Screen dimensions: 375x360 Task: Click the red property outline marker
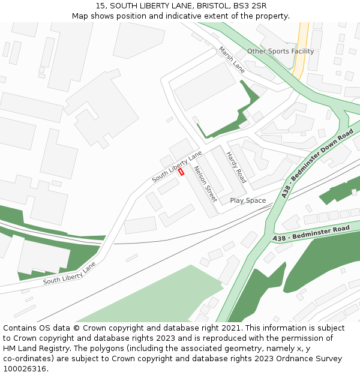pos(181,172)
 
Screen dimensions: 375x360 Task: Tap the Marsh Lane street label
pos(232,59)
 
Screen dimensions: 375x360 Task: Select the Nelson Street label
pos(205,184)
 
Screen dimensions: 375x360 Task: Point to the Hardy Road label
pos(236,167)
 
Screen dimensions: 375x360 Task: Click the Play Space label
pos(248,200)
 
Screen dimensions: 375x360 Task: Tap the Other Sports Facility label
pos(280,52)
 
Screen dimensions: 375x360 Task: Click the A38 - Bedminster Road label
pos(311,234)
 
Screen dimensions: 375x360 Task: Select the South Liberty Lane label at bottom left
pos(70,273)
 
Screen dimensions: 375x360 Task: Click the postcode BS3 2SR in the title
pos(250,6)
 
